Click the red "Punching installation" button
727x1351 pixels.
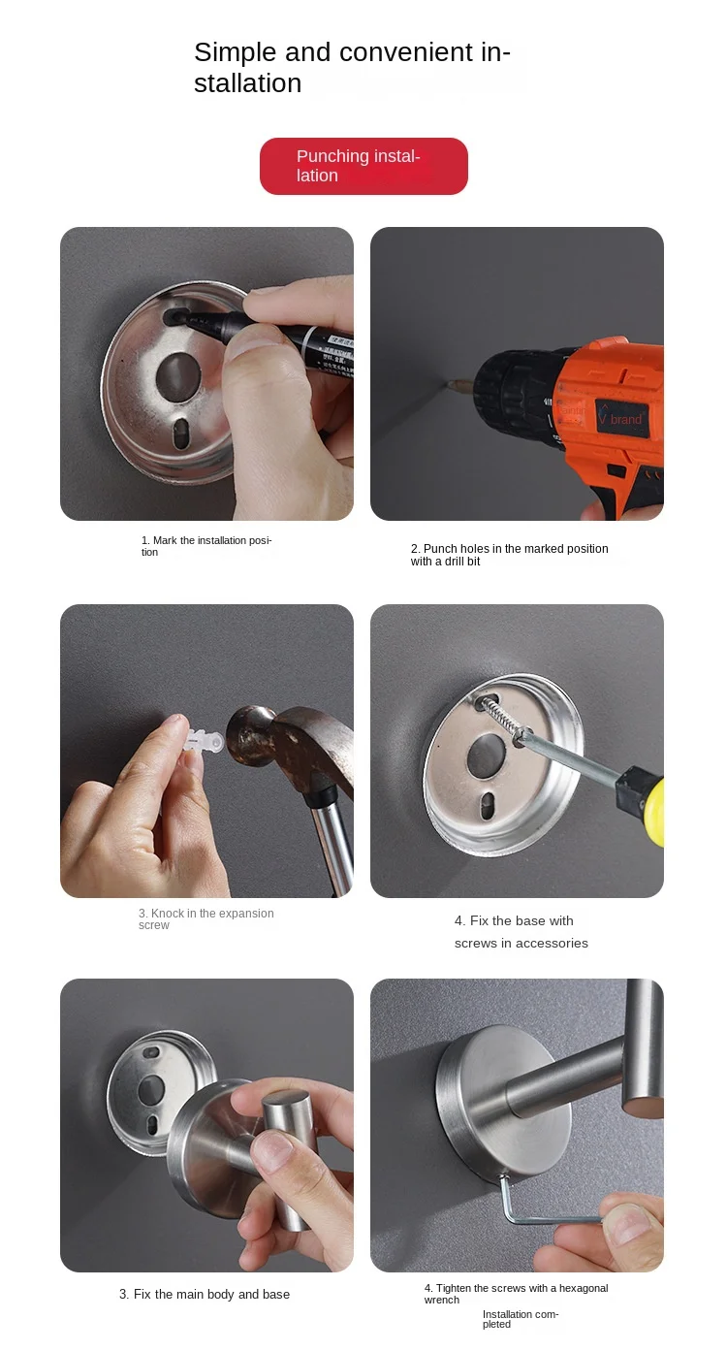pos(363,166)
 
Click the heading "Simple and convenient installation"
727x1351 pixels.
pos(352,68)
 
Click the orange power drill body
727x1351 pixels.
pos(609,416)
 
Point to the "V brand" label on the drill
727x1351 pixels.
pos(620,418)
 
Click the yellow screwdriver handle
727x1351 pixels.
pos(651,805)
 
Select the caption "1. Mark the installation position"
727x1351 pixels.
pos(206,546)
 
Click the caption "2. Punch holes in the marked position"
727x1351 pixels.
pos(509,555)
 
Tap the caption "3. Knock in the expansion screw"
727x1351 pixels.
pos(206,918)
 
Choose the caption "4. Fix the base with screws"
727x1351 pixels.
pos(522,932)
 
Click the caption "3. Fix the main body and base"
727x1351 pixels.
pos(205,1295)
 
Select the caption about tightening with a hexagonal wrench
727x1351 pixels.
pos(516,1294)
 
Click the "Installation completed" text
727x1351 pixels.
pos(521,1319)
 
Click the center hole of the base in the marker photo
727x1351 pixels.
pos(177,375)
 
